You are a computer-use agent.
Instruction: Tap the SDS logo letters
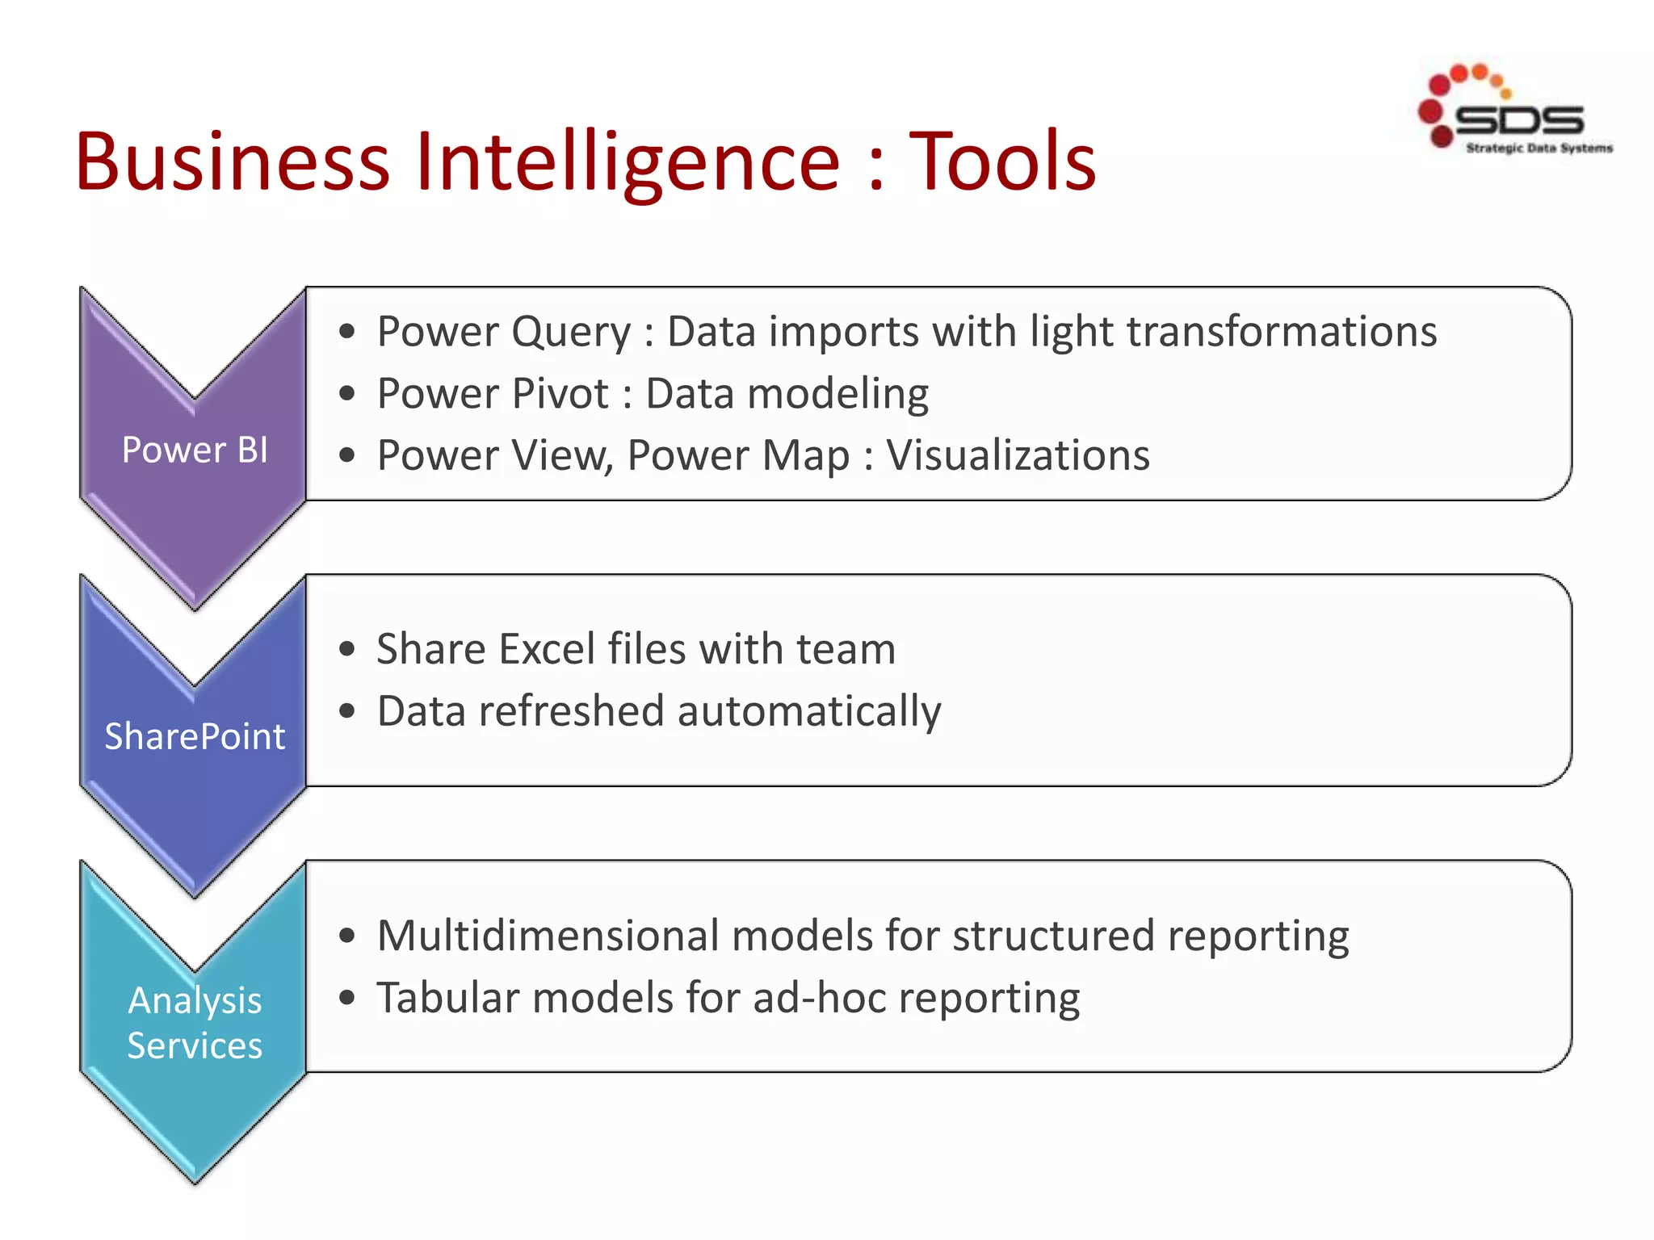coord(1518,120)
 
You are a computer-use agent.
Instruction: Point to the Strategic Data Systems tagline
coord(1539,148)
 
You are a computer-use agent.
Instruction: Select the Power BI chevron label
coord(195,450)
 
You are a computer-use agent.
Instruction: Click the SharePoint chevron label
coord(195,736)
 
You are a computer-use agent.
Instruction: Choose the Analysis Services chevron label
coord(195,1023)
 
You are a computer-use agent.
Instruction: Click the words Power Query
coord(504,332)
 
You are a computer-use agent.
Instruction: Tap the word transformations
coord(1282,332)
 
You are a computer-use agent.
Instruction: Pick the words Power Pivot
coord(493,394)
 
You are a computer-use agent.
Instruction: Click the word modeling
coord(838,394)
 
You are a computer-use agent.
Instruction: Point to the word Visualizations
coord(1018,455)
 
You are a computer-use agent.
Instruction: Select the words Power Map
coord(738,455)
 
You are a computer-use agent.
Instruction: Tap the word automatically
coord(809,712)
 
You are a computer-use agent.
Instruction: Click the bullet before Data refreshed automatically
coord(347,711)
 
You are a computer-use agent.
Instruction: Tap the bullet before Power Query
coord(347,332)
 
